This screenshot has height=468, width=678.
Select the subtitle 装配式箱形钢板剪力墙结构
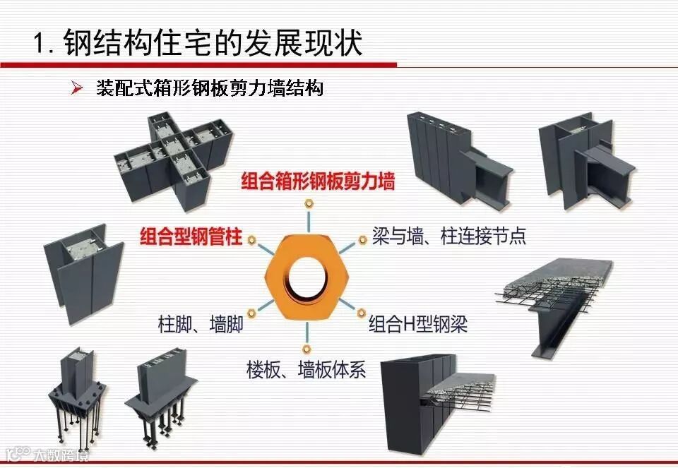coord(209,89)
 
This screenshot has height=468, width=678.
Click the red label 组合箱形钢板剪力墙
coord(318,181)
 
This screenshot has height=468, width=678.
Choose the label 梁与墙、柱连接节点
coord(449,236)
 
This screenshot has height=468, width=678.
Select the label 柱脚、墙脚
coord(201,325)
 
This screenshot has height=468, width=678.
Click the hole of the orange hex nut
coord(306,274)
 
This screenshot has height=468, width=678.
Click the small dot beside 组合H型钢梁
coord(361,311)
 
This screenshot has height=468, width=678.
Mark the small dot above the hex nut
coord(308,204)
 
